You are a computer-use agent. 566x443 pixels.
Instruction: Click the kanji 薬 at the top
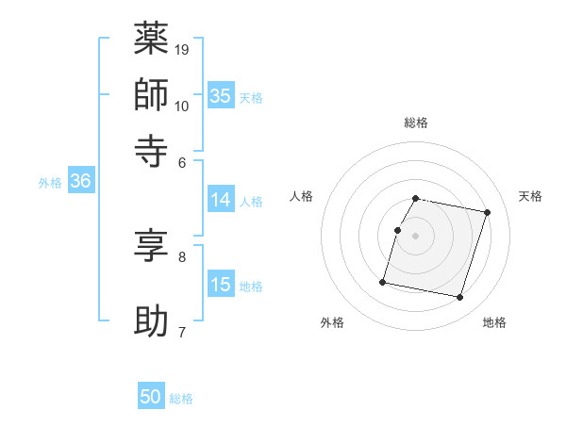[151, 40]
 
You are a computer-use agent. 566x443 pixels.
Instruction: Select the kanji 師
[151, 94]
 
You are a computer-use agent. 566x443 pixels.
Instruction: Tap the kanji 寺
[151, 149]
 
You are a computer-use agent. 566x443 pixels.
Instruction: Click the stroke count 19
[183, 49]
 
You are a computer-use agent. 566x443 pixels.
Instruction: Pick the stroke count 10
[183, 105]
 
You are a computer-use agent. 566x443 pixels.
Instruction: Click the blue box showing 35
[221, 95]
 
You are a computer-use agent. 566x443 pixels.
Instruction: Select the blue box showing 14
[221, 200]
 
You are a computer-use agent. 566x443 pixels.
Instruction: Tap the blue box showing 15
[221, 285]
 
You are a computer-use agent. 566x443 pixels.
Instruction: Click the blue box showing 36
[80, 182]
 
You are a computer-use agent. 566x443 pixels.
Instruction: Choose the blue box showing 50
[151, 397]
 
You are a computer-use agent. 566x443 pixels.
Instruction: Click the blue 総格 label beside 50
[181, 399]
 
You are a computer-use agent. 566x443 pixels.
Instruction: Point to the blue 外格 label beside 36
[50, 184]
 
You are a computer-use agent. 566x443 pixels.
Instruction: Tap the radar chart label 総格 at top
[416, 123]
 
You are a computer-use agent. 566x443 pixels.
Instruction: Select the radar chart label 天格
[531, 196]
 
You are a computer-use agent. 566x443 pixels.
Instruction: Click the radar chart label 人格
[302, 196]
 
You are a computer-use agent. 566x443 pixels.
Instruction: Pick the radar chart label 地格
[494, 322]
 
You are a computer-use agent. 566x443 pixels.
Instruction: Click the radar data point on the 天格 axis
[488, 213]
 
